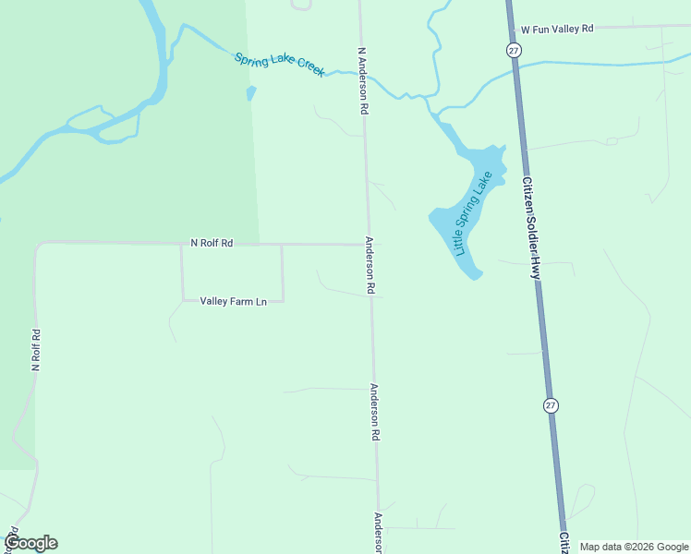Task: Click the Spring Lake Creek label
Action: coord(279,65)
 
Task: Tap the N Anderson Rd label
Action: coord(363,80)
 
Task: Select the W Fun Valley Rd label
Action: coord(555,30)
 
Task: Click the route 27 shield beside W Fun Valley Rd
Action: coord(514,50)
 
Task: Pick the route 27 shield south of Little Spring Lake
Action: coord(552,405)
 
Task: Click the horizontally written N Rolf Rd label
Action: coord(212,243)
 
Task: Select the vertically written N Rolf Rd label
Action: coord(36,350)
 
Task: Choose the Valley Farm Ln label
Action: coord(233,301)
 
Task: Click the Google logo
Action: coord(30,542)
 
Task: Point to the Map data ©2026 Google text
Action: coord(634,547)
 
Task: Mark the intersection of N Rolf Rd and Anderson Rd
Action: coord(370,245)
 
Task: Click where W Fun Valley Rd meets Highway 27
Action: coord(511,28)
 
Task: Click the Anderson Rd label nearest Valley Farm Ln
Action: coord(370,266)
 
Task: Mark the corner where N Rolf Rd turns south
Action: coord(38,245)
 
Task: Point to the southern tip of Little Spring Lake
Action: coord(476,275)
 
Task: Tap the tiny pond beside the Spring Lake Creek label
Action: coord(249,93)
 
